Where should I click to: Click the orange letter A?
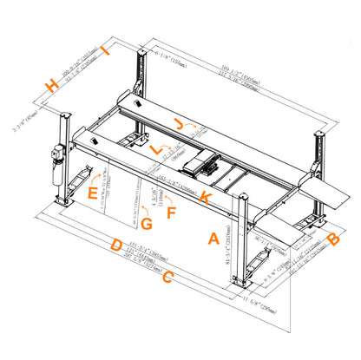(x=213, y=235)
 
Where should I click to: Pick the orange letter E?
(x=92, y=193)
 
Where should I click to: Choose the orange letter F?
(x=171, y=212)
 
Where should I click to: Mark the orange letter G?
(x=146, y=224)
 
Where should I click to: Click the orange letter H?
(x=54, y=85)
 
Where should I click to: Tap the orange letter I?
(x=106, y=52)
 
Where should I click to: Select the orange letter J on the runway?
(x=179, y=124)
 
